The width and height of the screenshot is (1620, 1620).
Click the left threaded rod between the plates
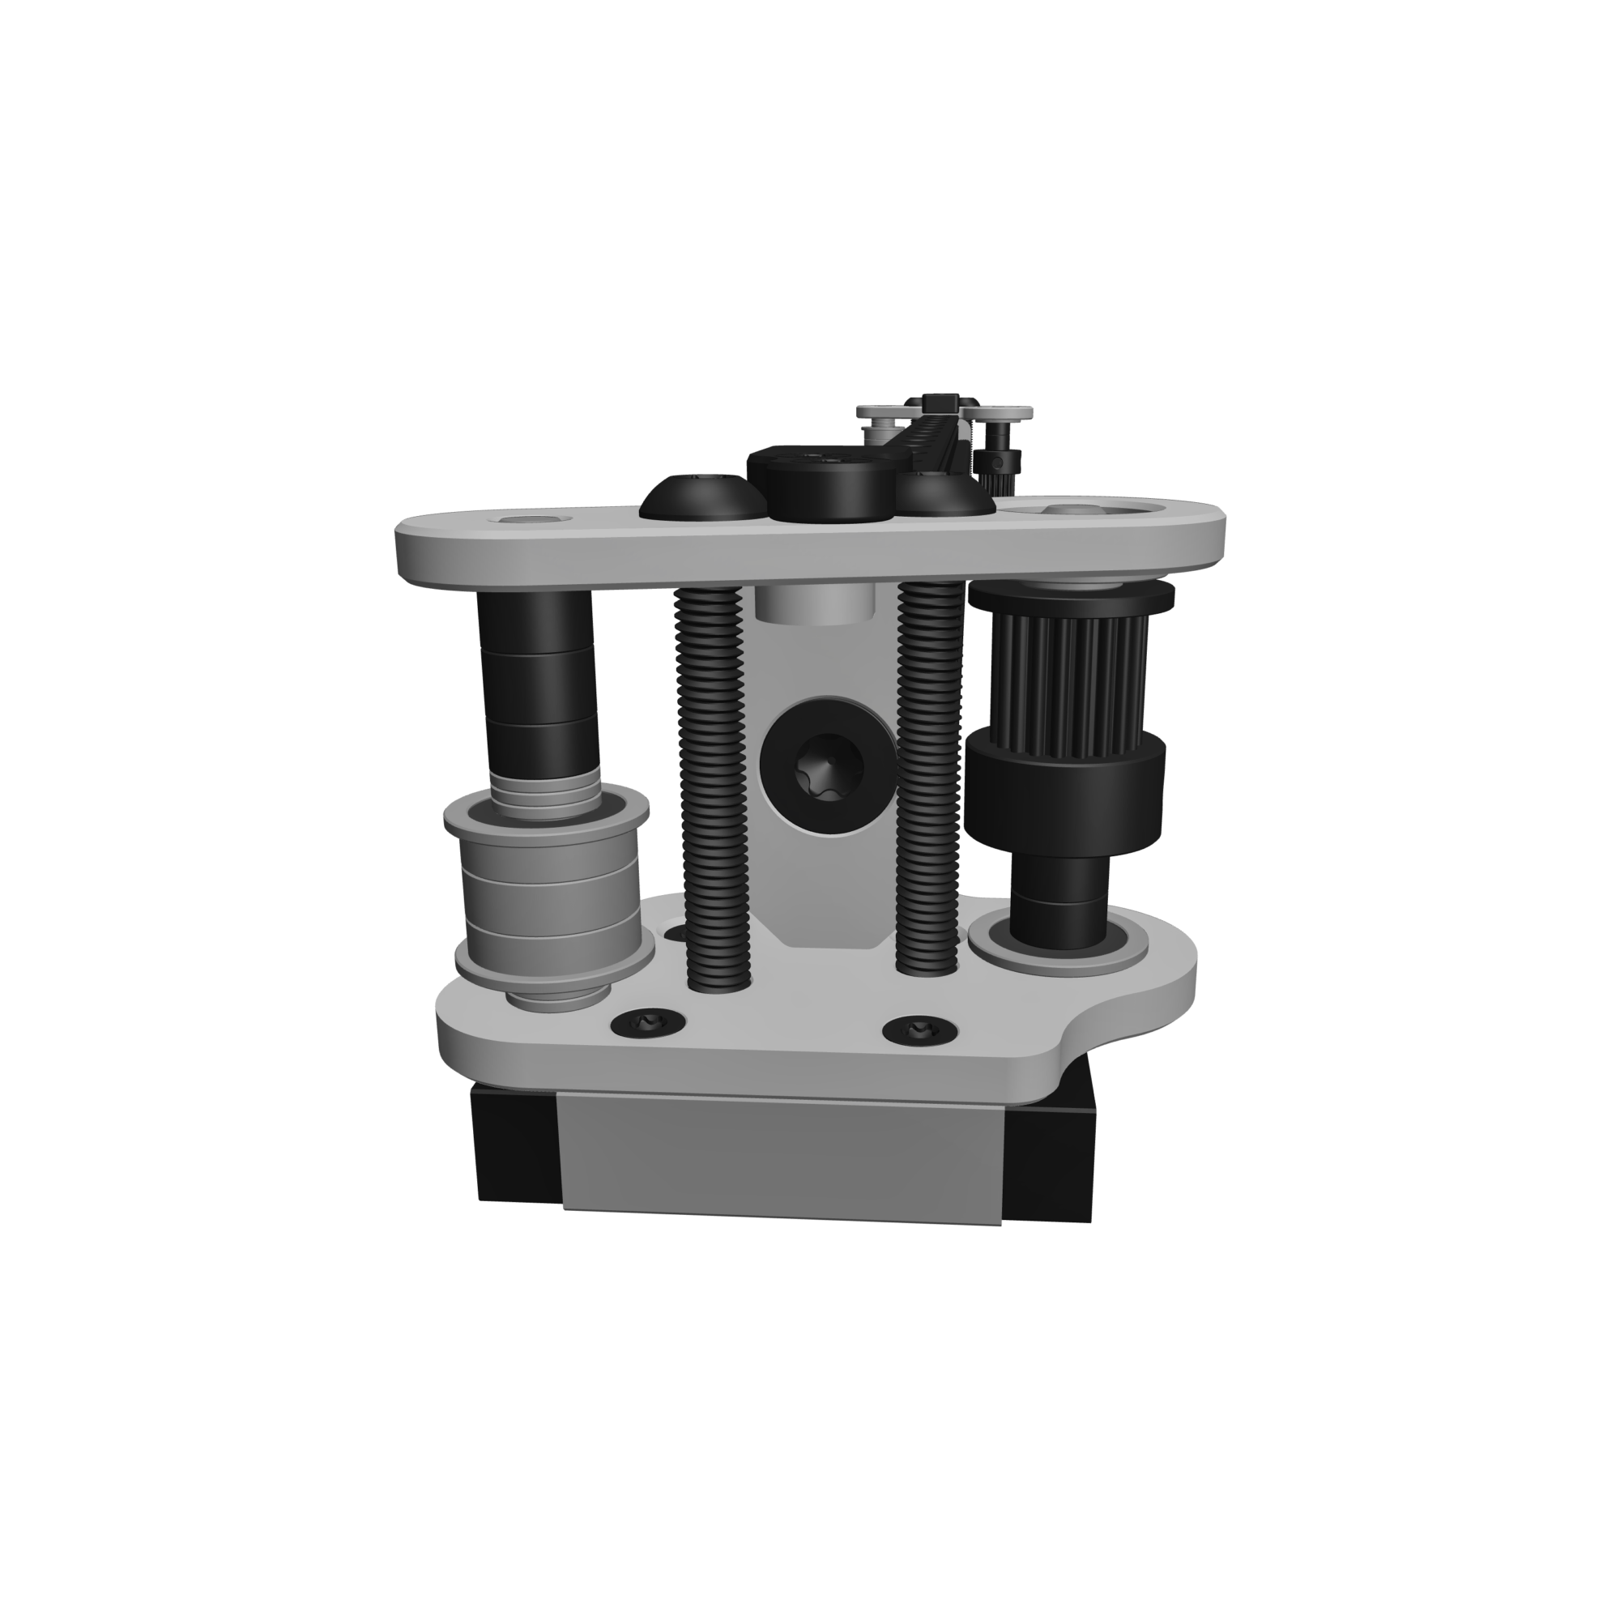pos(710,780)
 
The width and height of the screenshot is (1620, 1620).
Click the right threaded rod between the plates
pos(929,780)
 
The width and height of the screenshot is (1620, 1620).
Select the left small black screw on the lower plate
pos(647,1022)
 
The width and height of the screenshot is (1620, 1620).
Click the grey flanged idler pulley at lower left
pos(550,897)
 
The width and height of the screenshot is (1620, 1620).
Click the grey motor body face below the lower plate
pos(780,1153)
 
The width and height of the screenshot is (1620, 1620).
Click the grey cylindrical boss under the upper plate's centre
pos(813,603)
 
